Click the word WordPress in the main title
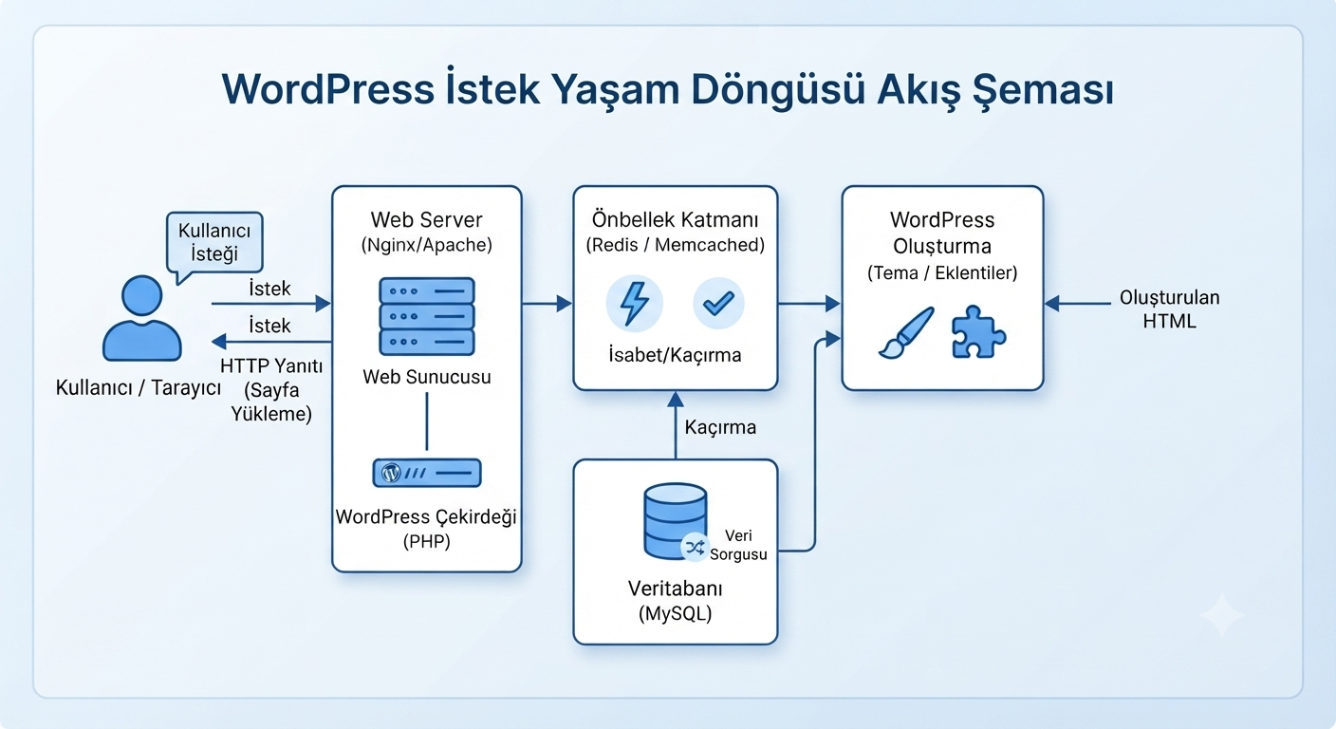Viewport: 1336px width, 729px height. tap(327, 89)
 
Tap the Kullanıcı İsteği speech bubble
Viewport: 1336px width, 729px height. tap(214, 243)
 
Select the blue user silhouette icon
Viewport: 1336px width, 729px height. tap(142, 318)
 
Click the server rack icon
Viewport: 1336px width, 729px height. tap(427, 316)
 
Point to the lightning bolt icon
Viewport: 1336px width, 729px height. tap(634, 304)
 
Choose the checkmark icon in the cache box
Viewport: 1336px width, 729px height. tap(718, 303)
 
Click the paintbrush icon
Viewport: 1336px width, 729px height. tap(906, 333)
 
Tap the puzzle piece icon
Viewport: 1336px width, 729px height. tap(978, 332)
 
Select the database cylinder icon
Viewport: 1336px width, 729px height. tap(676, 521)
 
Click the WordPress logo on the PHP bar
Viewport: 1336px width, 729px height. tap(391, 473)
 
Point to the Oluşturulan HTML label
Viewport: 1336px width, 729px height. tap(1169, 309)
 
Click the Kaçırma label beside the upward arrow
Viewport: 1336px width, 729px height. tap(720, 427)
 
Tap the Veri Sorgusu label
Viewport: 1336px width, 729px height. tap(738, 545)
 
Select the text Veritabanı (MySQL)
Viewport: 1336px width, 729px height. tap(676, 600)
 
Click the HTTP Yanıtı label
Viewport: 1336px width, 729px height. tap(271, 365)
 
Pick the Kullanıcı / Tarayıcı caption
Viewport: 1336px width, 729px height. tap(139, 388)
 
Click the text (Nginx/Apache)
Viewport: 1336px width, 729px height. tap(426, 245)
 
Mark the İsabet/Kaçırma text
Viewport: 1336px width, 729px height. tap(675, 355)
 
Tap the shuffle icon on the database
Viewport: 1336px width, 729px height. tap(695, 547)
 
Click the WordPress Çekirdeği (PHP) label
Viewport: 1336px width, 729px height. tap(426, 529)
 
